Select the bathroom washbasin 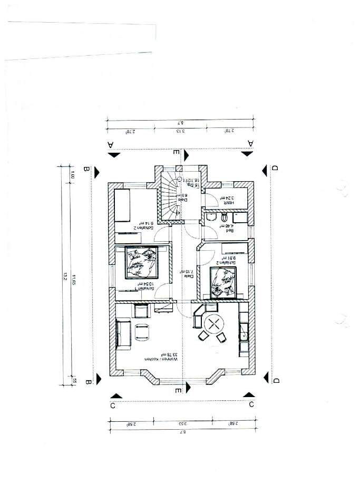tap(226, 216)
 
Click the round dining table tap(215, 324)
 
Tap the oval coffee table tap(142, 331)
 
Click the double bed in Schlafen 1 tap(141, 262)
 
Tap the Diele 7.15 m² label tap(187, 272)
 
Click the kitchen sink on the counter tap(244, 332)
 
